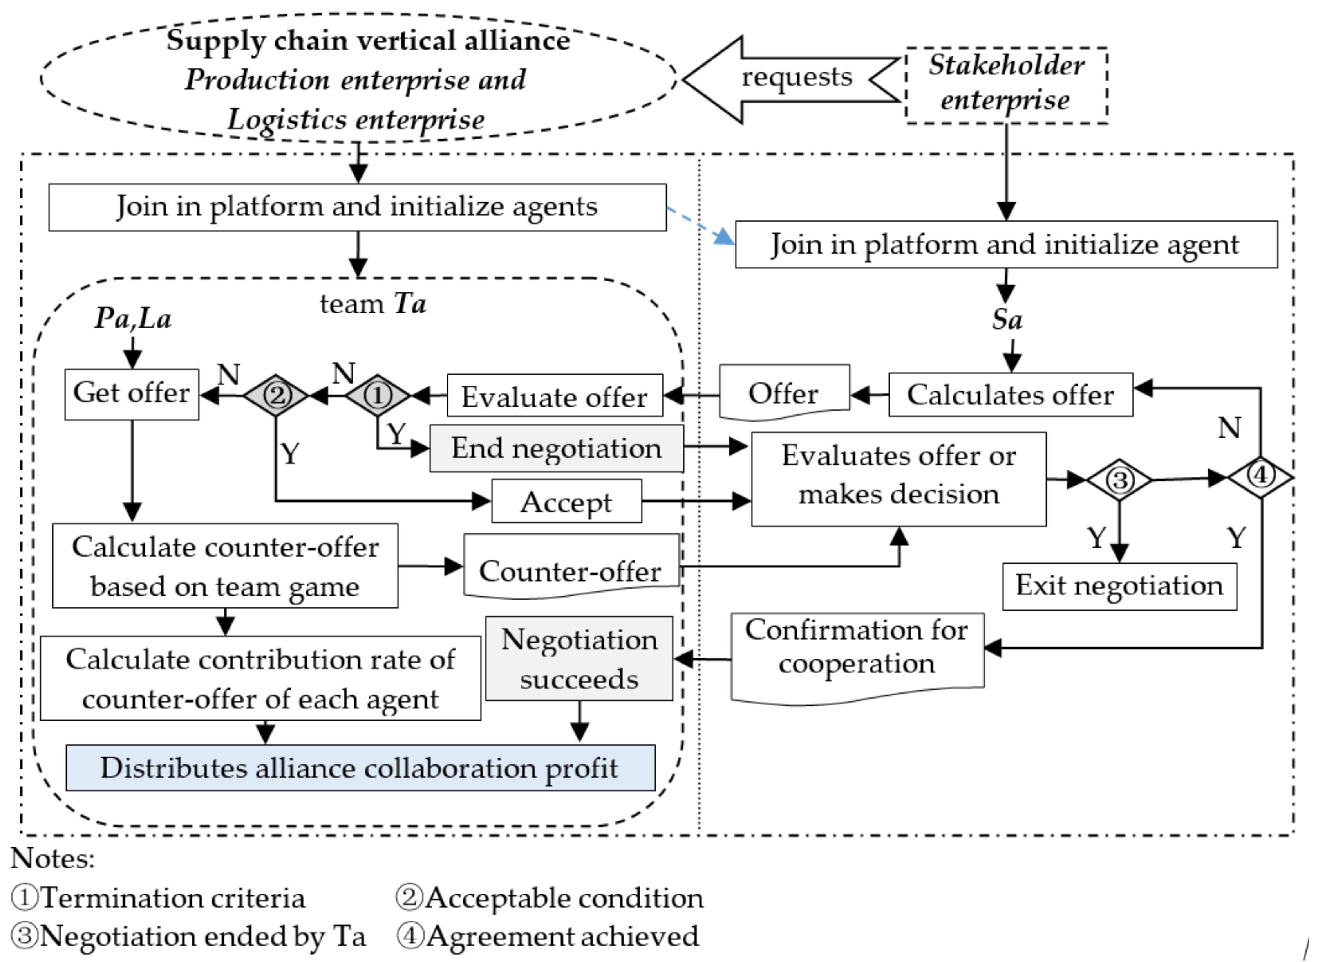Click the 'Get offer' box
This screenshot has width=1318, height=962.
(x=132, y=394)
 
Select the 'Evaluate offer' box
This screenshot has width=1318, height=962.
(x=555, y=395)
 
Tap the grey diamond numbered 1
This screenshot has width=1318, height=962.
(x=378, y=395)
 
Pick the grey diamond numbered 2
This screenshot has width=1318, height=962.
(x=276, y=395)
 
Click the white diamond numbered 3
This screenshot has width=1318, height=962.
(x=1119, y=480)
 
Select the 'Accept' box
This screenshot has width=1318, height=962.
(x=566, y=501)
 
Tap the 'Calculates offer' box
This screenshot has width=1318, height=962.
(x=1011, y=395)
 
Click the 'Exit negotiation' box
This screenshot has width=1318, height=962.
(x=1119, y=586)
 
